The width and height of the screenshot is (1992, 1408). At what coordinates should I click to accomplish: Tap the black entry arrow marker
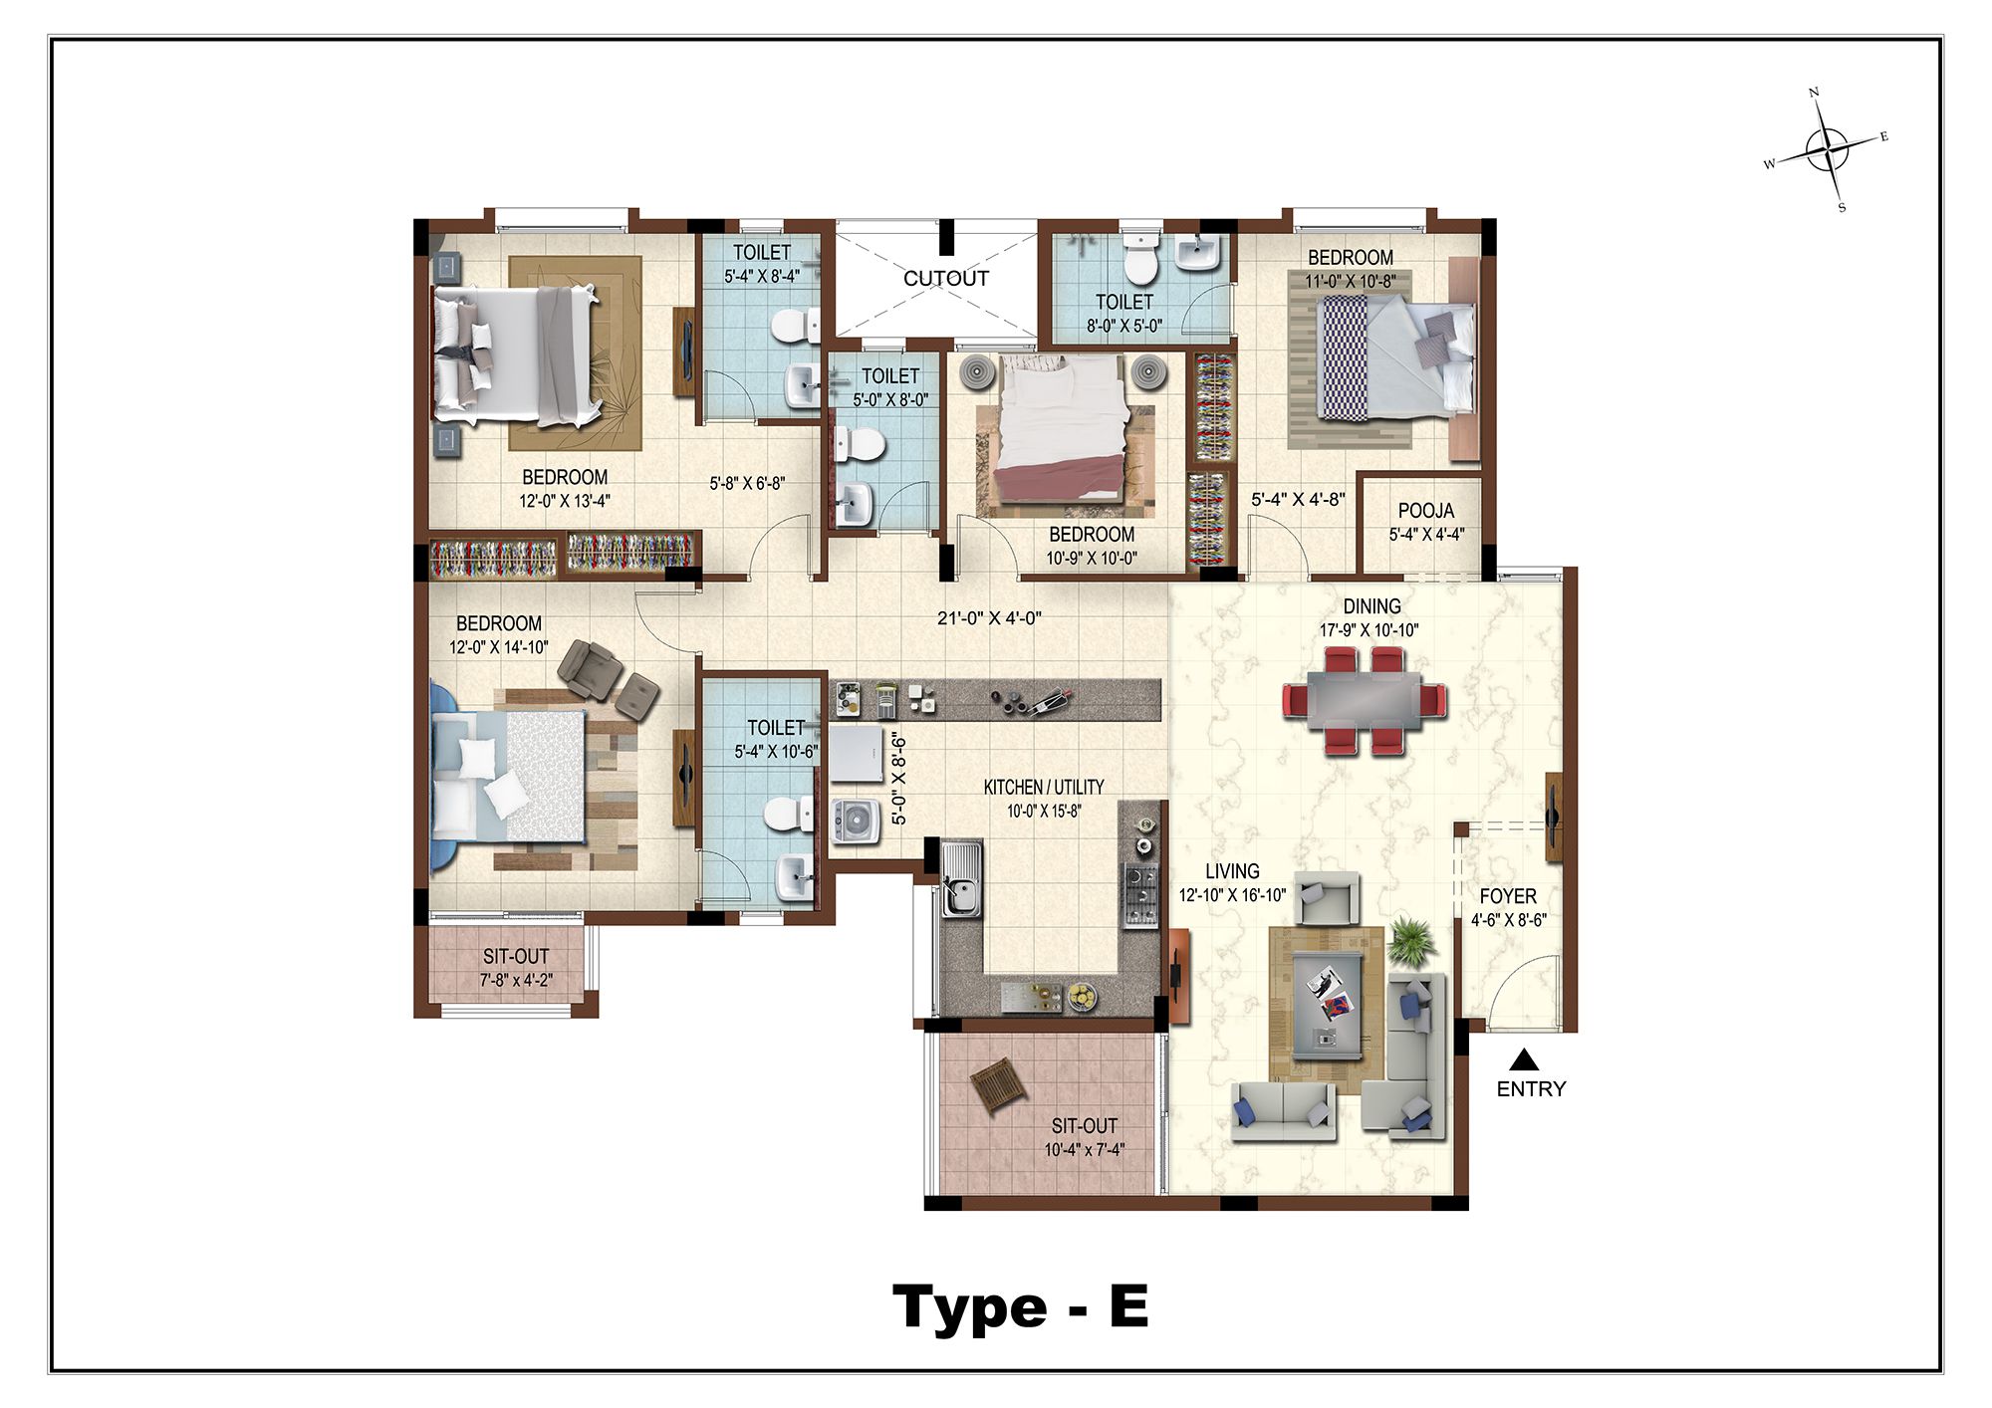point(1524,1059)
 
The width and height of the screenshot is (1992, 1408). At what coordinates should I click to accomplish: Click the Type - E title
point(1021,1306)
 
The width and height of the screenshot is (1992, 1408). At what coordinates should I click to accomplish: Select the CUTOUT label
point(946,279)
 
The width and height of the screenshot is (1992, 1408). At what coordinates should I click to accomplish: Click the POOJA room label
point(1426,511)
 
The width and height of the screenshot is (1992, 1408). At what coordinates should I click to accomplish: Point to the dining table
point(1365,701)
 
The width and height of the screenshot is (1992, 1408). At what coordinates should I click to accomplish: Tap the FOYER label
point(1508,896)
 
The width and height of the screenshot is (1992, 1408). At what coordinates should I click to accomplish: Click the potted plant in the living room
point(1411,941)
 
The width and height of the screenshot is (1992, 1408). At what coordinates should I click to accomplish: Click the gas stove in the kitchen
point(1140,895)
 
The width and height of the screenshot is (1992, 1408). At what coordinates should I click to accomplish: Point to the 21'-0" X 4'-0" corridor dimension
point(989,618)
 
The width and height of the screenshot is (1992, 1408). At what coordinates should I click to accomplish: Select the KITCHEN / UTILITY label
point(1044,788)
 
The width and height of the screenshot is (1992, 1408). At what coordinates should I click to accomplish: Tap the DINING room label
point(1371,606)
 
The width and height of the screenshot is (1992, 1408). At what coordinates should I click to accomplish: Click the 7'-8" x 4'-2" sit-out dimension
point(516,980)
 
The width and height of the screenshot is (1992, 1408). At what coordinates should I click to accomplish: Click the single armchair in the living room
point(1329,899)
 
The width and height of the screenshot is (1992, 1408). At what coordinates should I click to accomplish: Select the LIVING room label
point(1232,871)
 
